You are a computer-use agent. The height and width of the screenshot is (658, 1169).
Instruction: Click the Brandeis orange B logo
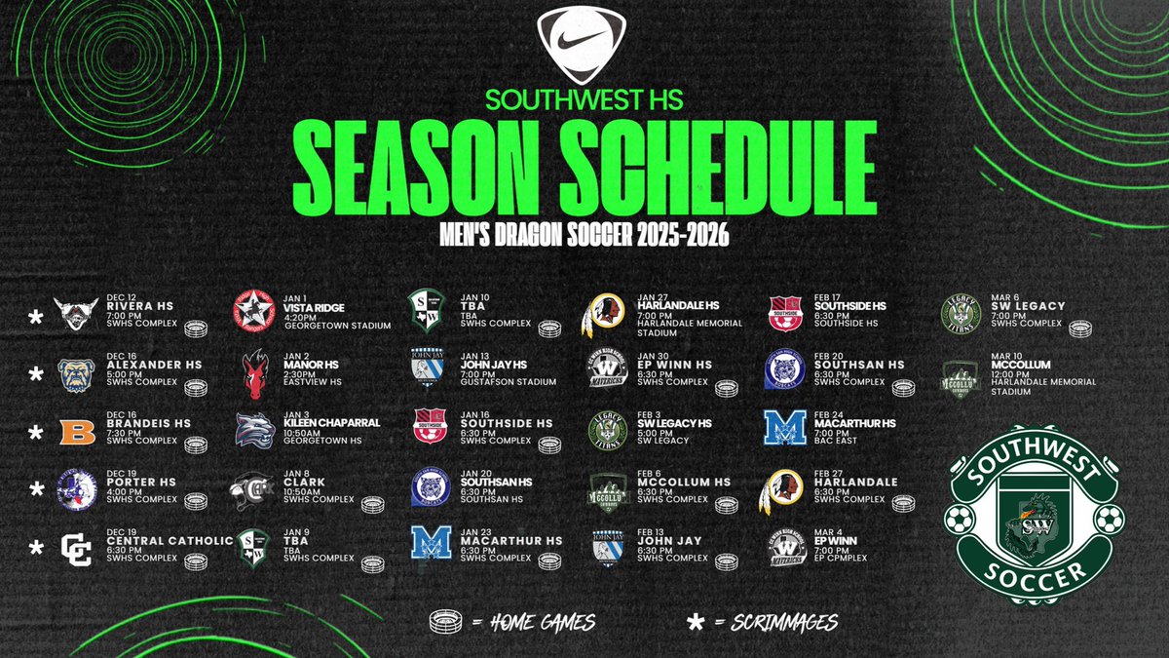tap(77, 431)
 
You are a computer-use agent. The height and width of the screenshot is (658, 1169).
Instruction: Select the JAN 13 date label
tap(474, 354)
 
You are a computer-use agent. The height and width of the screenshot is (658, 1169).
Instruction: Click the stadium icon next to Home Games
tap(447, 620)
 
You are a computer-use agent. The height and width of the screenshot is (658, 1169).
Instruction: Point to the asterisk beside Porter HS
tap(36, 487)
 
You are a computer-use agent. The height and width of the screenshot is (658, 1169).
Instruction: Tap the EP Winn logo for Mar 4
tap(785, 548)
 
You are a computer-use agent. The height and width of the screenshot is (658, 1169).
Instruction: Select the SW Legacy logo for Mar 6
tap(960, 315)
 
